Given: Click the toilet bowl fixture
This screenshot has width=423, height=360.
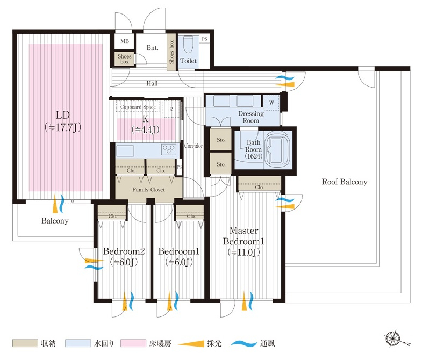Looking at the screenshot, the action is (187, 45).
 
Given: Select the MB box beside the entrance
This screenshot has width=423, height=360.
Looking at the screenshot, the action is (124, 41).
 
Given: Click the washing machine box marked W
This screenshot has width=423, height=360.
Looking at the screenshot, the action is (271, 103).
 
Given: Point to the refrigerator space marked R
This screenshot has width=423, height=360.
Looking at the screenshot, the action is (171, 109).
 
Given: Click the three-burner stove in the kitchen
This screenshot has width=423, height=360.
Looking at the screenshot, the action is (169, 149).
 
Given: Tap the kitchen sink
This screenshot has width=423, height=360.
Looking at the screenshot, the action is (125, 151).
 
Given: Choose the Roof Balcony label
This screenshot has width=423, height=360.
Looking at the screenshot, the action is (345, 182).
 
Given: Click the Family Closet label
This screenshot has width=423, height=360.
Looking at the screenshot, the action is (148, 190).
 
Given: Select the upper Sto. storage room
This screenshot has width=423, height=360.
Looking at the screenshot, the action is (221, 139).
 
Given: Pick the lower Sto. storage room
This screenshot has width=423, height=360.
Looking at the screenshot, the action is (221, 163).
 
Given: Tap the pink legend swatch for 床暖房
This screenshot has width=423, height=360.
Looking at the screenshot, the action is (133, 343).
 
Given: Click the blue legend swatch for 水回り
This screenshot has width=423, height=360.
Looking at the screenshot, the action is (78, 343).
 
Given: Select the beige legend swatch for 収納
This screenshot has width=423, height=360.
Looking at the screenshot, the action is (25, 343).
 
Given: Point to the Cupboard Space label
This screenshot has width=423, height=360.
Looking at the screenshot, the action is (138, 107).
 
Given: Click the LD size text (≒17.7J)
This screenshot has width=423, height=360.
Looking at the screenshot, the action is (63, 127).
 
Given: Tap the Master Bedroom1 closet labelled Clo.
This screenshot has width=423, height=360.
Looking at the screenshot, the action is (259, 184).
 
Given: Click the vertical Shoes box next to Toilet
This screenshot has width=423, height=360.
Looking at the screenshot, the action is (171, 52).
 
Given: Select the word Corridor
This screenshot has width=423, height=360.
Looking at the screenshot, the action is (193, 146).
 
